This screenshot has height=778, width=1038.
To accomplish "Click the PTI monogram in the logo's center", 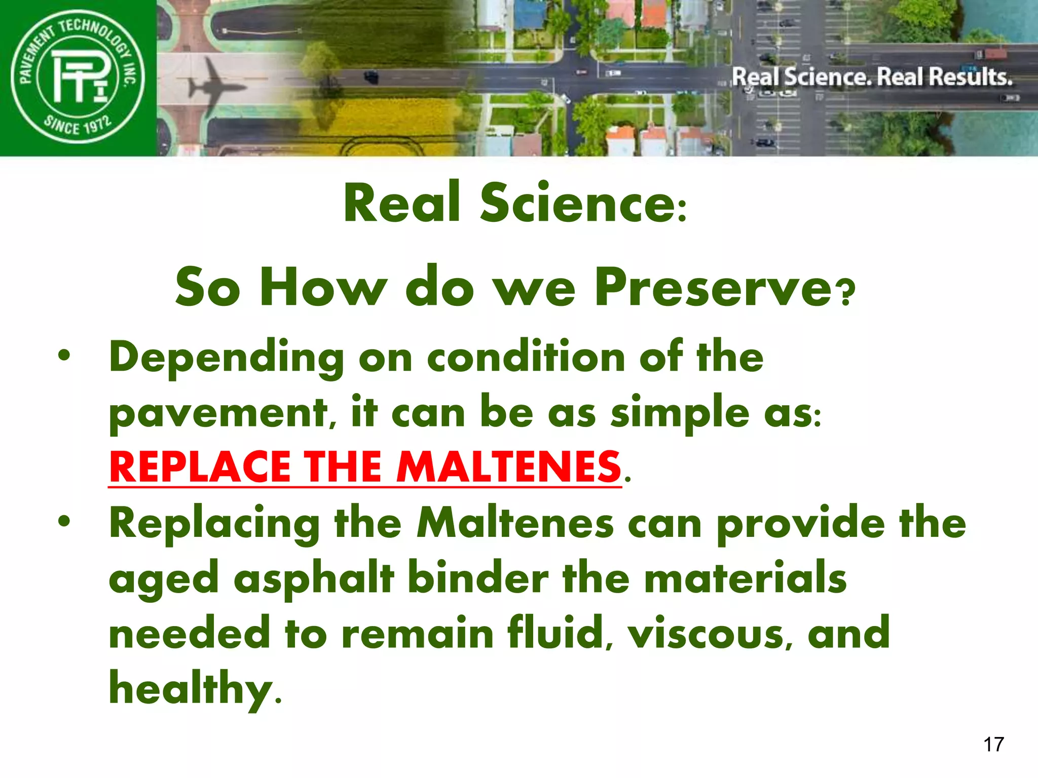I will coord(79,77).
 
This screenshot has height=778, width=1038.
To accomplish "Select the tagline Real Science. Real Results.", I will coord(872,77).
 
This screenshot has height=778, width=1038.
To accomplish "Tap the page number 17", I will coord(993,745).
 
